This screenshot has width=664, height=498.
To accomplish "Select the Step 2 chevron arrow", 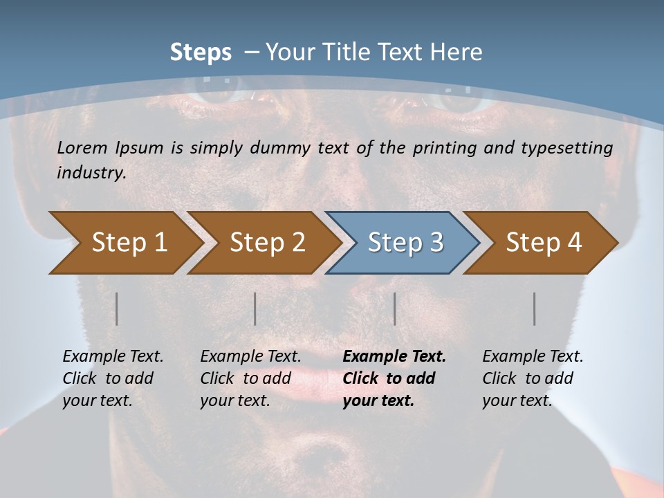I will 263,243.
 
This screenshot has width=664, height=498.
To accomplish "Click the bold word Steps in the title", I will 201,53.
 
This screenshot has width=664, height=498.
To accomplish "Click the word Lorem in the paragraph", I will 82,148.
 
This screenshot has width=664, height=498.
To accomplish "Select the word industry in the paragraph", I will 91,173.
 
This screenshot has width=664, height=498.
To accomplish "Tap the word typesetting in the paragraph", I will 567,148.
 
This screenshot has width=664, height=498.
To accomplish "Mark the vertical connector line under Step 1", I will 117,308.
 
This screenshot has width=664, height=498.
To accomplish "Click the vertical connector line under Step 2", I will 255,308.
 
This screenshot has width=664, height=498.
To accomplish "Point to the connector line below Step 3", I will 395,308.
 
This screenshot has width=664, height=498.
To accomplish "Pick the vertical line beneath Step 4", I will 535,308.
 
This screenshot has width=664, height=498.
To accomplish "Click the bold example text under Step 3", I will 394,378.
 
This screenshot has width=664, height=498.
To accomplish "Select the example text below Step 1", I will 112,378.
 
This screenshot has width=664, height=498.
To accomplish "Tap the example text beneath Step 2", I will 250,378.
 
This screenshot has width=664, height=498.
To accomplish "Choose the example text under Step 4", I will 532,378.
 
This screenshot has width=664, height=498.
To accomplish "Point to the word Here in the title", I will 459,53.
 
